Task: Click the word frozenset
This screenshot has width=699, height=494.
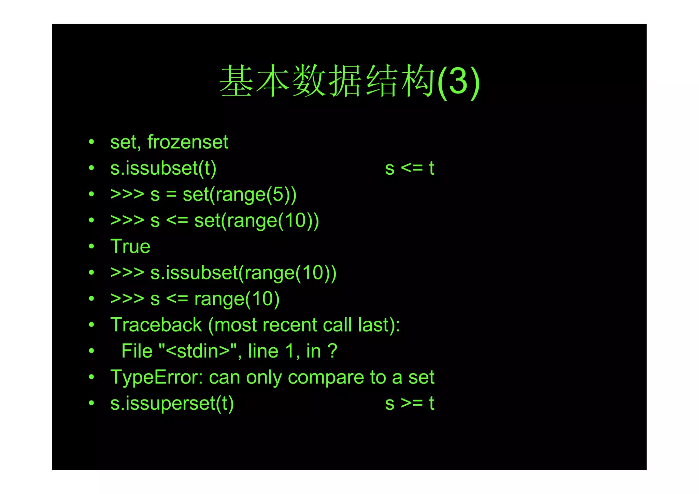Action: point(188,142)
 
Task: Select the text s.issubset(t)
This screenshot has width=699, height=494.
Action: point(163,168)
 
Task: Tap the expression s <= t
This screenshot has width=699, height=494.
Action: point(409,168)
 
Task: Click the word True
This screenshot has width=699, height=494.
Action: point(130,246)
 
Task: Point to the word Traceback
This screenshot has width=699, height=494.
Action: point(156,325)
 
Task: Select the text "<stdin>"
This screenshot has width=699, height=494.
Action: point(198,351)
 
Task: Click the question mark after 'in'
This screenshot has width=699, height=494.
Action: point(332,351)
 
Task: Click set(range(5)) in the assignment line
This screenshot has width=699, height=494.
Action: point(239,194)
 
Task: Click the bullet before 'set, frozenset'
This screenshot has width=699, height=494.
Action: point(91,142)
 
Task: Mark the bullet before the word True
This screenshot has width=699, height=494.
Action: point(91,246)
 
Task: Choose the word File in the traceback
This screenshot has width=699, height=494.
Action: point(137,351)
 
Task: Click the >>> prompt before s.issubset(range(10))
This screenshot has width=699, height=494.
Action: point(127,273)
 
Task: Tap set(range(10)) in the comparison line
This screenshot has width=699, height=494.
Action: point(256,220)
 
